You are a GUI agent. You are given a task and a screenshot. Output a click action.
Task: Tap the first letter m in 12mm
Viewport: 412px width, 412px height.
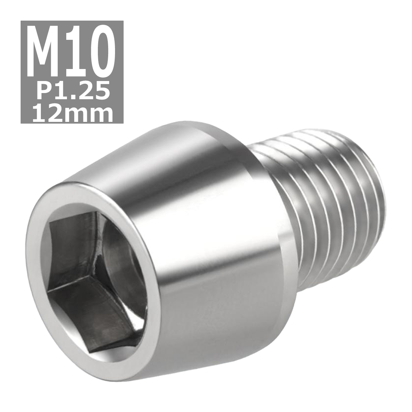[76, 114]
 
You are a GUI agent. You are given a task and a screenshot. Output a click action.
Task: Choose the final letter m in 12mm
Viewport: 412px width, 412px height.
[101, 114]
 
